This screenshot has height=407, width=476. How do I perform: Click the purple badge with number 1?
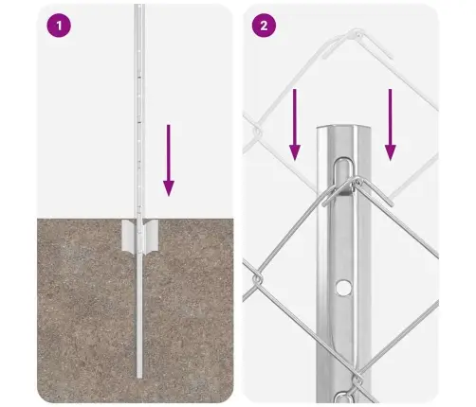point(59,26)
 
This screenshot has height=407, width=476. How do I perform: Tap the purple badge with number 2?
point(264,26)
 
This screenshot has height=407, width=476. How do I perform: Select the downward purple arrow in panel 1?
point(169,160)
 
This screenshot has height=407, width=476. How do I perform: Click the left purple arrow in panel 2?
point(295,125)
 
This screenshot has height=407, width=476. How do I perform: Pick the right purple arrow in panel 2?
point(391,125)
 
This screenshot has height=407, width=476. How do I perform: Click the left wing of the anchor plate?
point(129,236)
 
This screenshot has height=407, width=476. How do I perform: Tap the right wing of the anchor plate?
point(151,236)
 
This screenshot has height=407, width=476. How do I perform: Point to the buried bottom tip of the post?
point(139,377)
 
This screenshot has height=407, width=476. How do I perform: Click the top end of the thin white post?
point(139,6)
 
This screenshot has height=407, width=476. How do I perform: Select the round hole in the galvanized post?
point(343,287)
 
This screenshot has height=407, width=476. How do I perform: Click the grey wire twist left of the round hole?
point(257,279)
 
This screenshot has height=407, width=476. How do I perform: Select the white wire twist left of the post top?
point(257,132)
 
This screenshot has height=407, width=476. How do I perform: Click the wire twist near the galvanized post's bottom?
point(357,380)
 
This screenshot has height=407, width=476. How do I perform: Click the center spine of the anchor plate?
point(139,237)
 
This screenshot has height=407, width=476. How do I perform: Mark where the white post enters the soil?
point(139,219)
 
